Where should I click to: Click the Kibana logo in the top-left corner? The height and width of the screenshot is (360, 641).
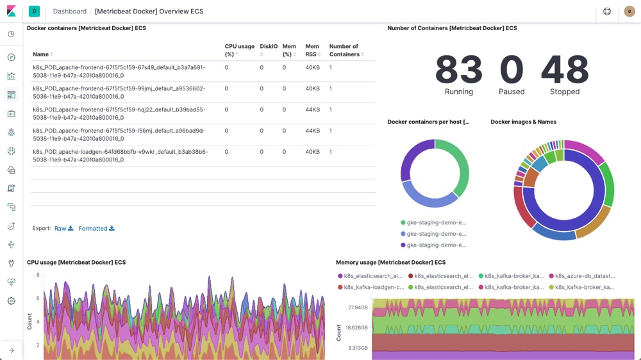(x=11, y=12)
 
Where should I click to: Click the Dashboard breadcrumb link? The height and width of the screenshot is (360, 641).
(x=69, y=12)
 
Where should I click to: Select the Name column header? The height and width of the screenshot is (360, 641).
(x=41, y=54)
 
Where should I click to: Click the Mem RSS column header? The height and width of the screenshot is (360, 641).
(x=312, y=51)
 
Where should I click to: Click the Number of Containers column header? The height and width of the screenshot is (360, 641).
(x=344, y=51)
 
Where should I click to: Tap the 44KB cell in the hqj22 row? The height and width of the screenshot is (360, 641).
(x=312, y=110)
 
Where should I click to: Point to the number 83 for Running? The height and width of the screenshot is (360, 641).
(x=459, y=70)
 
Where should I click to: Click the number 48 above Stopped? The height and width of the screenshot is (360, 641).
(x=565, y=70)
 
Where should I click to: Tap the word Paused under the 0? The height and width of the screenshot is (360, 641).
(x=512, y=92)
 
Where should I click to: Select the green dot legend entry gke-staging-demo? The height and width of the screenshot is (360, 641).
(x=433, y=223)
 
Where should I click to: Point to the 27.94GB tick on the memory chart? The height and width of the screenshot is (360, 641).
(x=358, y=308)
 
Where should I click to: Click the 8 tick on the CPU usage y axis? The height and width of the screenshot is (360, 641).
(x=38, y=275)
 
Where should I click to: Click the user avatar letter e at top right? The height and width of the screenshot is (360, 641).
(x=629, y=12)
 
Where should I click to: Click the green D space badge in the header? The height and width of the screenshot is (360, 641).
(x=34, y=12)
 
